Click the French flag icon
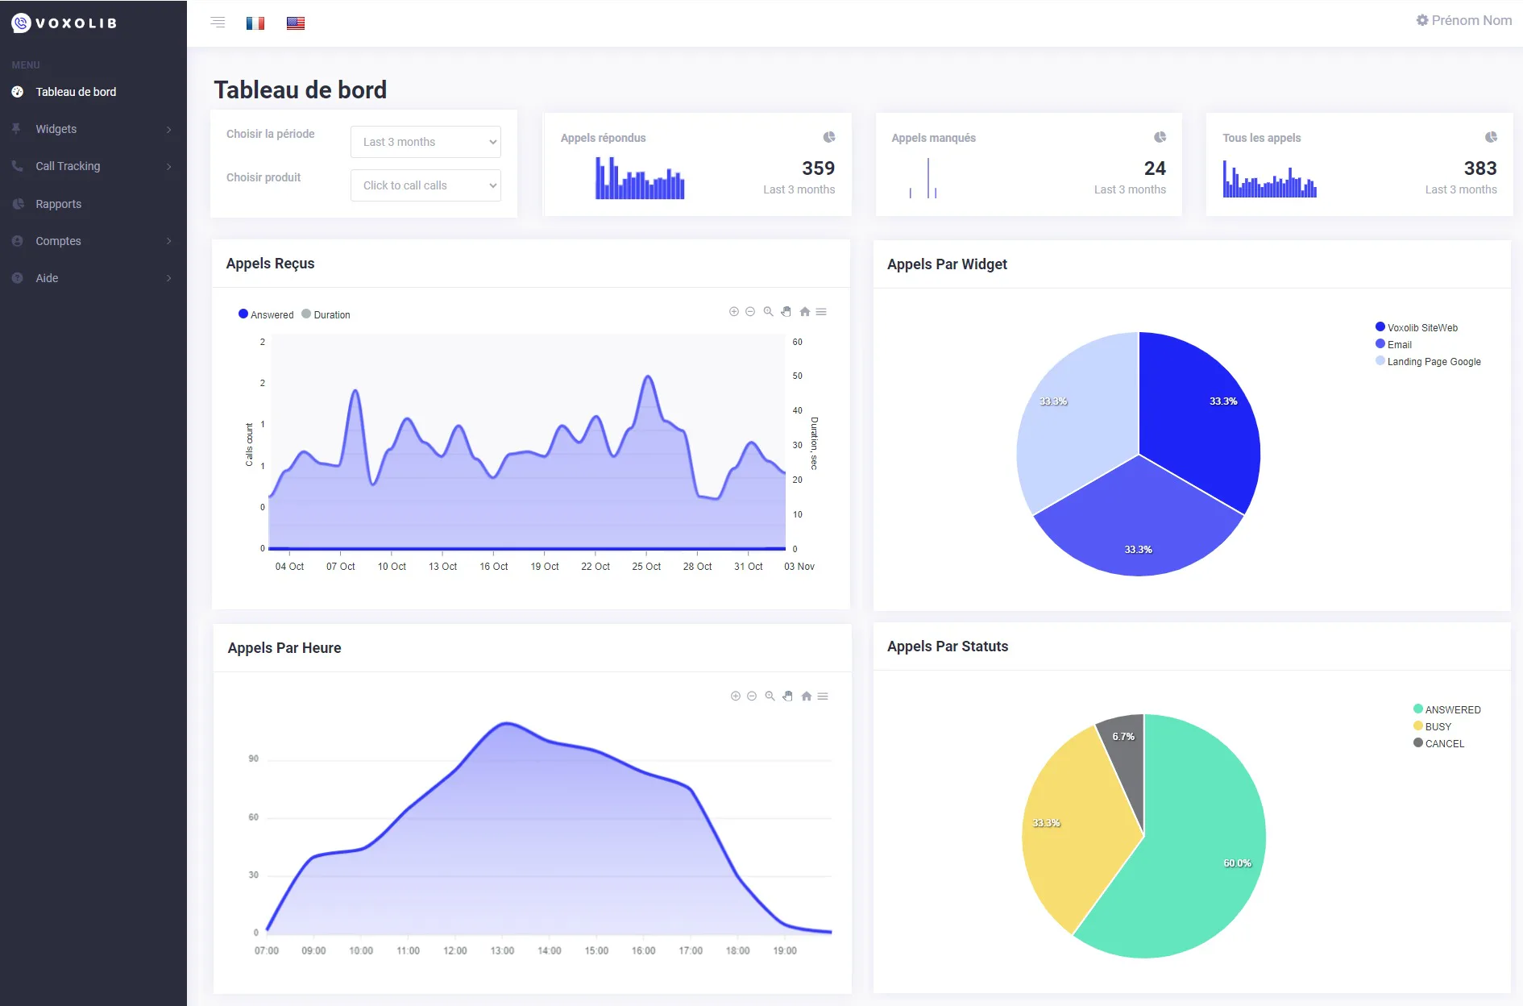click(255, 23)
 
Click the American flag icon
click(296, 23)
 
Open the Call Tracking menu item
click(68, 166)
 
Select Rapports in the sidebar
click(58, 204)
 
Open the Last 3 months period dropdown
click(425, 142)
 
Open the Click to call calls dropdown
click(425, 185)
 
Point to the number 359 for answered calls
click(818, 168)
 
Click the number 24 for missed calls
click(1155, 168)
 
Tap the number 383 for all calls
click(1480, 168)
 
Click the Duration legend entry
click(326, 314)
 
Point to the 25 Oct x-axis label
click(646, 567)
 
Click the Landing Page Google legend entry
click(1428, 362)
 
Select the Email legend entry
click(1393, 344)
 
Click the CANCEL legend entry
click(1439, 743)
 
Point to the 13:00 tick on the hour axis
click(502, 951)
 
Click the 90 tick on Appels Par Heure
click(254, 759)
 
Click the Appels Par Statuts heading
click(948, 646)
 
